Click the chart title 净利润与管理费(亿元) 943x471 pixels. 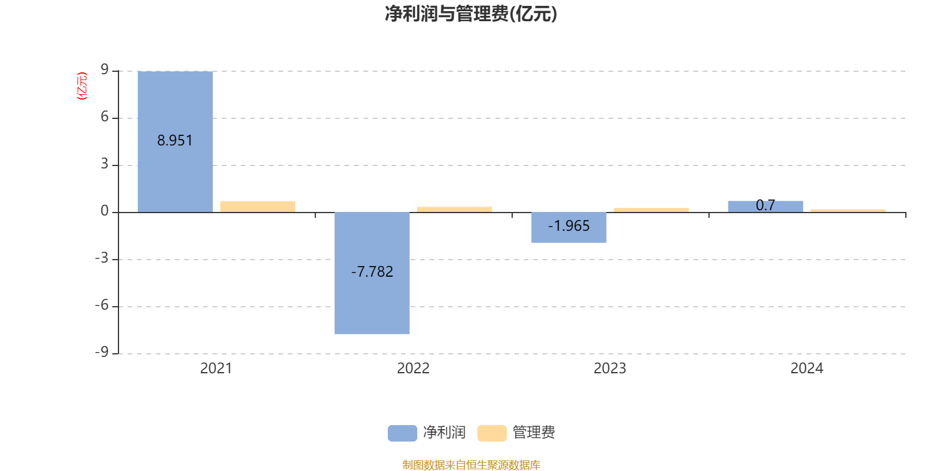[x=471, y=14]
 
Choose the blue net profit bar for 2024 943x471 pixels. [x=766, y=207]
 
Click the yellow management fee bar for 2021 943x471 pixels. [x=258, y=206]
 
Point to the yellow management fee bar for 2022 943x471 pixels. [x=454, y=209]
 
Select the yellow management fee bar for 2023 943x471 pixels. [x=651, y=210]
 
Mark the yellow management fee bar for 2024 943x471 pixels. [x=848, y=210]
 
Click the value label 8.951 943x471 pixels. [x=175, y=141]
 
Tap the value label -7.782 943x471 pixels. [x=372, y=272]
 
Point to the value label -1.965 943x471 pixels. [x=569, y=226]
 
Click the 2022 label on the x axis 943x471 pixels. [x=413, y=369]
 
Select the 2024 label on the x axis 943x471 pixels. [x=807, y=369]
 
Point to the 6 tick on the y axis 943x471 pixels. [x=105, y=117]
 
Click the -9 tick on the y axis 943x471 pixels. [x=102, y=352]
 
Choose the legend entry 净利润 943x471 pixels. [x=427, y=433]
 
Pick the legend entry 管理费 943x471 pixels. [x=517, y=433]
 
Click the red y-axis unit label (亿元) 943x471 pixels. [x=82, y=86]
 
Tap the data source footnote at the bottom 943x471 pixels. [x=471, y=465]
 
